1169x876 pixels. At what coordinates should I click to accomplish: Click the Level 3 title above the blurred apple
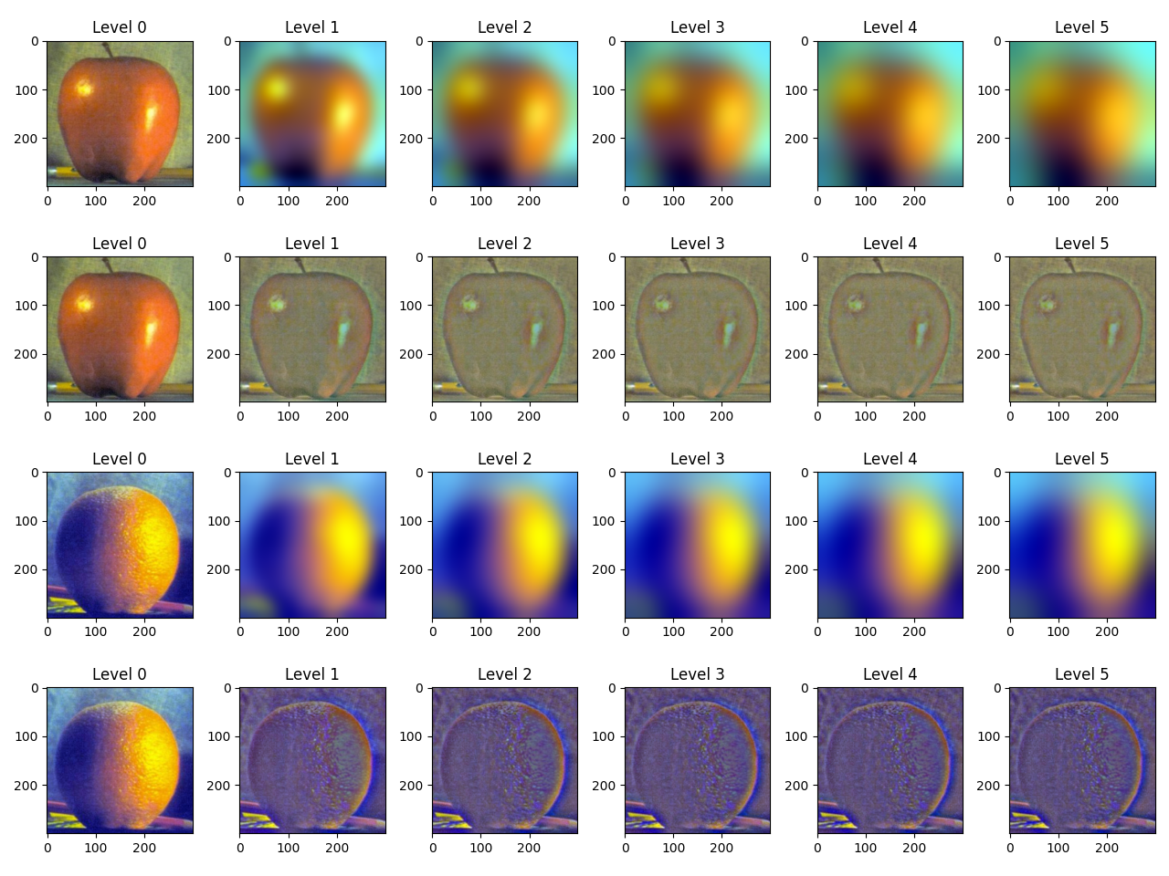[697, 27]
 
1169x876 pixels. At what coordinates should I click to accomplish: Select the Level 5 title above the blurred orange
[1081, 459]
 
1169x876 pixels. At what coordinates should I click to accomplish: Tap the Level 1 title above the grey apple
[311, 244]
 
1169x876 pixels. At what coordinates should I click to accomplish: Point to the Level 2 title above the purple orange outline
[504, 674]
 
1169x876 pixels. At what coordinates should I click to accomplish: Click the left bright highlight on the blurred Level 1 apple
[275, 89]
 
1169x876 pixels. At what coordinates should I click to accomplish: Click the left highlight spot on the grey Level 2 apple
[470, 302]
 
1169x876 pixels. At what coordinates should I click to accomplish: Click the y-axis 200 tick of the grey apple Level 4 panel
[796, 354]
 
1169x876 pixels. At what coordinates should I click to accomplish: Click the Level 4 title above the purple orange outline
[890, 674]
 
